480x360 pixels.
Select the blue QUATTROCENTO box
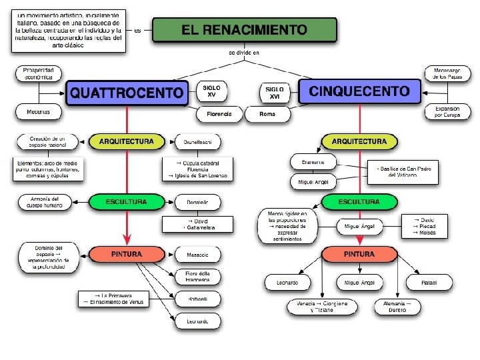(x=127, y=92)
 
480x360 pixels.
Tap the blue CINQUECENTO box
(x=359, y=91)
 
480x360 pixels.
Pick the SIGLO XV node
(x=211, y=91)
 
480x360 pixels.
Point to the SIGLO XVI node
(x=274, y=93)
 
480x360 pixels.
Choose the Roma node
(x=267, y=114)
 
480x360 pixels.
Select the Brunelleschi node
(x=197, y=142)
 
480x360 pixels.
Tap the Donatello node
(x=197, y=202)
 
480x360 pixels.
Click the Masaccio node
(x=197, y=255)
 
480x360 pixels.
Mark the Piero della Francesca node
(x=197, y=277)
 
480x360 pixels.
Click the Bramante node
(x=312, y=162)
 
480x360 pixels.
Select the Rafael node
(x=429, y=283)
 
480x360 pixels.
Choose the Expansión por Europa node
(x=447, y=111)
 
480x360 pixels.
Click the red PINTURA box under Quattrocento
(x=127, y=254)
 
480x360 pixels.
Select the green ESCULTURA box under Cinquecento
(x=359, y=201)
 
